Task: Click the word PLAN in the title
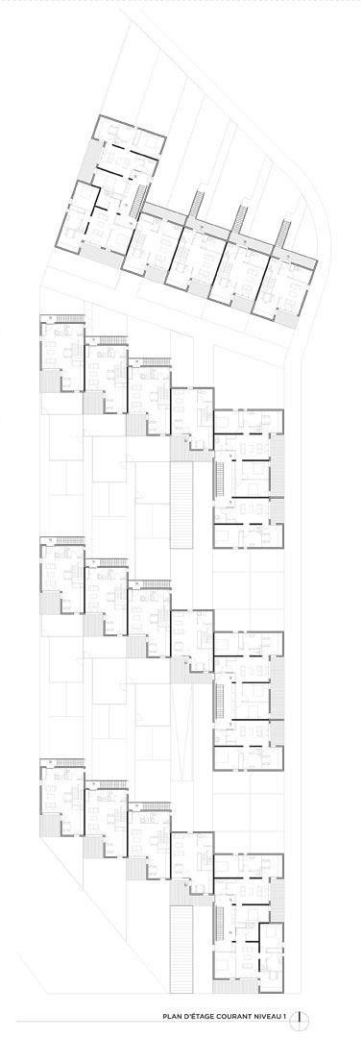click(173, 1017)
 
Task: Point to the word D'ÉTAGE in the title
click(196, 1017)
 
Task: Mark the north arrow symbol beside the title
click(300, 1017)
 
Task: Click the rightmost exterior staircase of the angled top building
click(284, 234)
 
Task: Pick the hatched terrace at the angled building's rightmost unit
click(287, 318)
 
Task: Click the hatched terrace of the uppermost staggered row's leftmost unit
click(50, 382)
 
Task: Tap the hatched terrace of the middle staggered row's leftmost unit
click(50, 603)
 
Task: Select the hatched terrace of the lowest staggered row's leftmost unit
click(50, 825)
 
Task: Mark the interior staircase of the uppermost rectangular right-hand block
click(221, 481)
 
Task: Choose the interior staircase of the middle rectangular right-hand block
click(221, 703)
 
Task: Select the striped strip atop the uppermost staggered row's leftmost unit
click(69, 318)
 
